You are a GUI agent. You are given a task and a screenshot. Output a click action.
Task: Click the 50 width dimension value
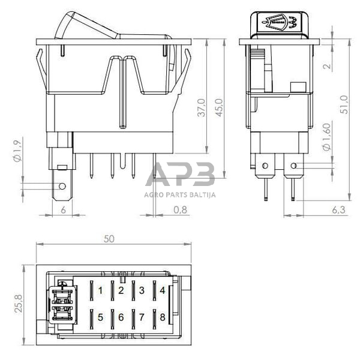[x=109, y=238]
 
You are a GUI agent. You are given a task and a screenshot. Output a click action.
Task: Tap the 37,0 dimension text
[x=202, y=108]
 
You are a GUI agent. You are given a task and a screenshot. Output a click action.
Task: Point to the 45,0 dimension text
[x=219, y=108]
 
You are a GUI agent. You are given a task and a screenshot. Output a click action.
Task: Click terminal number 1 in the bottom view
[x=100, y=291]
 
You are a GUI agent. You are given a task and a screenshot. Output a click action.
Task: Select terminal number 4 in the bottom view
[x=162, y=291]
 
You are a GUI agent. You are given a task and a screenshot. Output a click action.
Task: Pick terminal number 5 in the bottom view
[x=100, y=317]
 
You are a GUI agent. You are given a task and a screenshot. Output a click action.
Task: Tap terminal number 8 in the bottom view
[x=162, y=317]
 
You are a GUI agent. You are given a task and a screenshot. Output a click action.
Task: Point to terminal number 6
[x=121, y=317]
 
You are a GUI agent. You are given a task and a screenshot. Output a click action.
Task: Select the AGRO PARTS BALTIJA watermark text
[x=180, y=194]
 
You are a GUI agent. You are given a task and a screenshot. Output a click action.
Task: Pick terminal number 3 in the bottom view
[x=142, y=291]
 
